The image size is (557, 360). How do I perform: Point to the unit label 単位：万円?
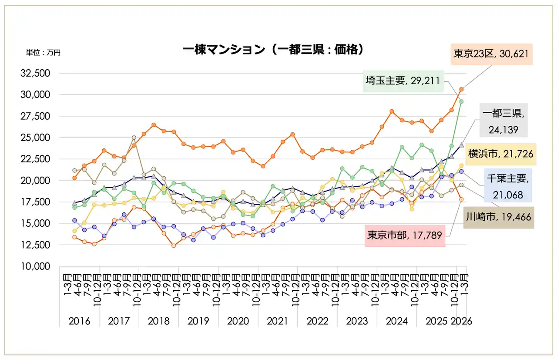43,53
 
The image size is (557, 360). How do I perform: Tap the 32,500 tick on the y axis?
36,73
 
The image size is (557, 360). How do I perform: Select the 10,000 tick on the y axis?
36,266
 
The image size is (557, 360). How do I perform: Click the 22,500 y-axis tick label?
36,159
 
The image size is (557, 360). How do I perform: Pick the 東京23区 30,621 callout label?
491,54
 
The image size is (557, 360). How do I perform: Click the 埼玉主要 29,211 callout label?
403,81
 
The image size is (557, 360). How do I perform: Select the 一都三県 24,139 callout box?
504,121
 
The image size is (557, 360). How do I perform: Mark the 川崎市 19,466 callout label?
498,217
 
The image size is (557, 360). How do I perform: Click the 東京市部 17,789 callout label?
404,236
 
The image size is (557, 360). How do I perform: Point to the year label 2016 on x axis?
79,321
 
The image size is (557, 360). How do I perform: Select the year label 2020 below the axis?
238,321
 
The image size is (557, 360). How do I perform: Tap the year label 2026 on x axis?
461,321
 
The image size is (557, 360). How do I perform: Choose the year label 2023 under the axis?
357,321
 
